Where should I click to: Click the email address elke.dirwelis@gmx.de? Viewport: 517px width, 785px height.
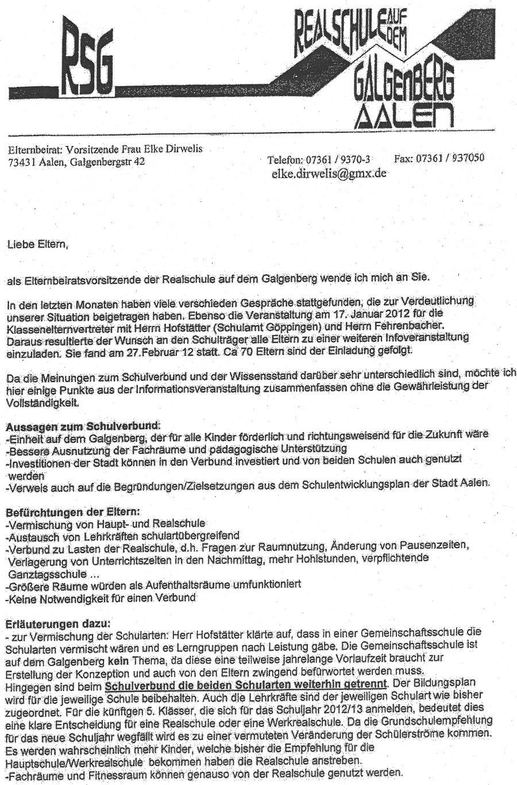tap(327, 173)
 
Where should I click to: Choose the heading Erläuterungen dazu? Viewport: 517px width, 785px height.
tap(56, 622)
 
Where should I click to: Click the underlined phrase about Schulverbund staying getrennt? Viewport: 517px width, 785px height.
tap(247, 684)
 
